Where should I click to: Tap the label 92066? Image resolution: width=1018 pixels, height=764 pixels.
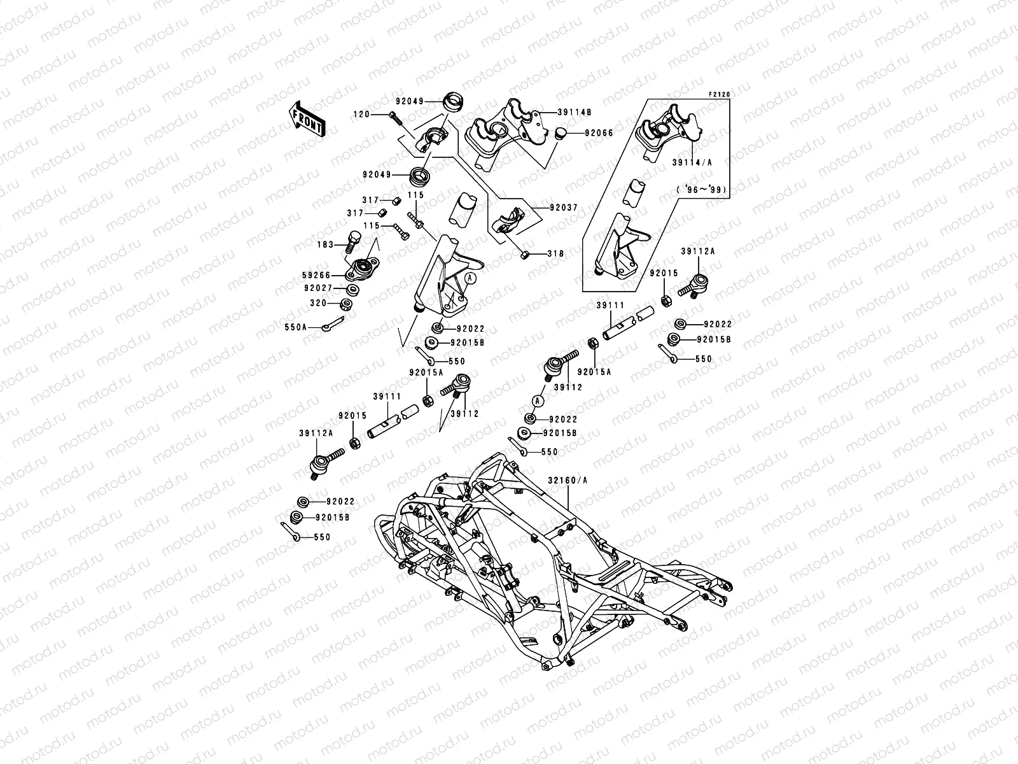tap(582, 134)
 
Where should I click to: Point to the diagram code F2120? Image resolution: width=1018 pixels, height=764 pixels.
tap(720, 94)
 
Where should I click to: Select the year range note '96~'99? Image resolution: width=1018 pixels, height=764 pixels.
tap(702, 190)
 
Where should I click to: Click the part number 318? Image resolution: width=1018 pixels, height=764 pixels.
tap(555, 253)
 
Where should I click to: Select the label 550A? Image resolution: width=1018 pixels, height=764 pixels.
tap(295, 327)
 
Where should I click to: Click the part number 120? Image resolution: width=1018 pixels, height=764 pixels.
tap(380, 115)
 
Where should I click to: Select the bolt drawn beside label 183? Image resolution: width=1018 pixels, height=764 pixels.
tap(352, 241)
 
